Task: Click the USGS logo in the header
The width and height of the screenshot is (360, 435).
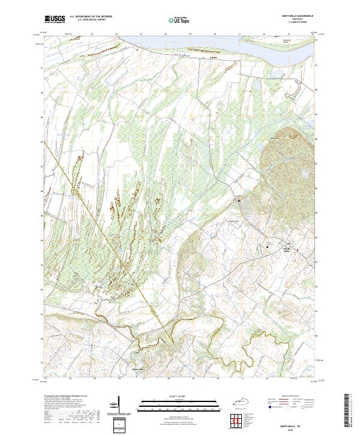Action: coord(55,19)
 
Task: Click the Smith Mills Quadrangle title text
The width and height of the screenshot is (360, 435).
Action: coord(296,16)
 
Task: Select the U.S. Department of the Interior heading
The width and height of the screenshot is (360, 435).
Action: coord(91,17)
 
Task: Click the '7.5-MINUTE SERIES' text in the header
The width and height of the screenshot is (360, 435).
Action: coord(296,22)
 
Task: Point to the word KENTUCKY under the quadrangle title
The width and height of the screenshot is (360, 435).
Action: coord(296,19)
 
